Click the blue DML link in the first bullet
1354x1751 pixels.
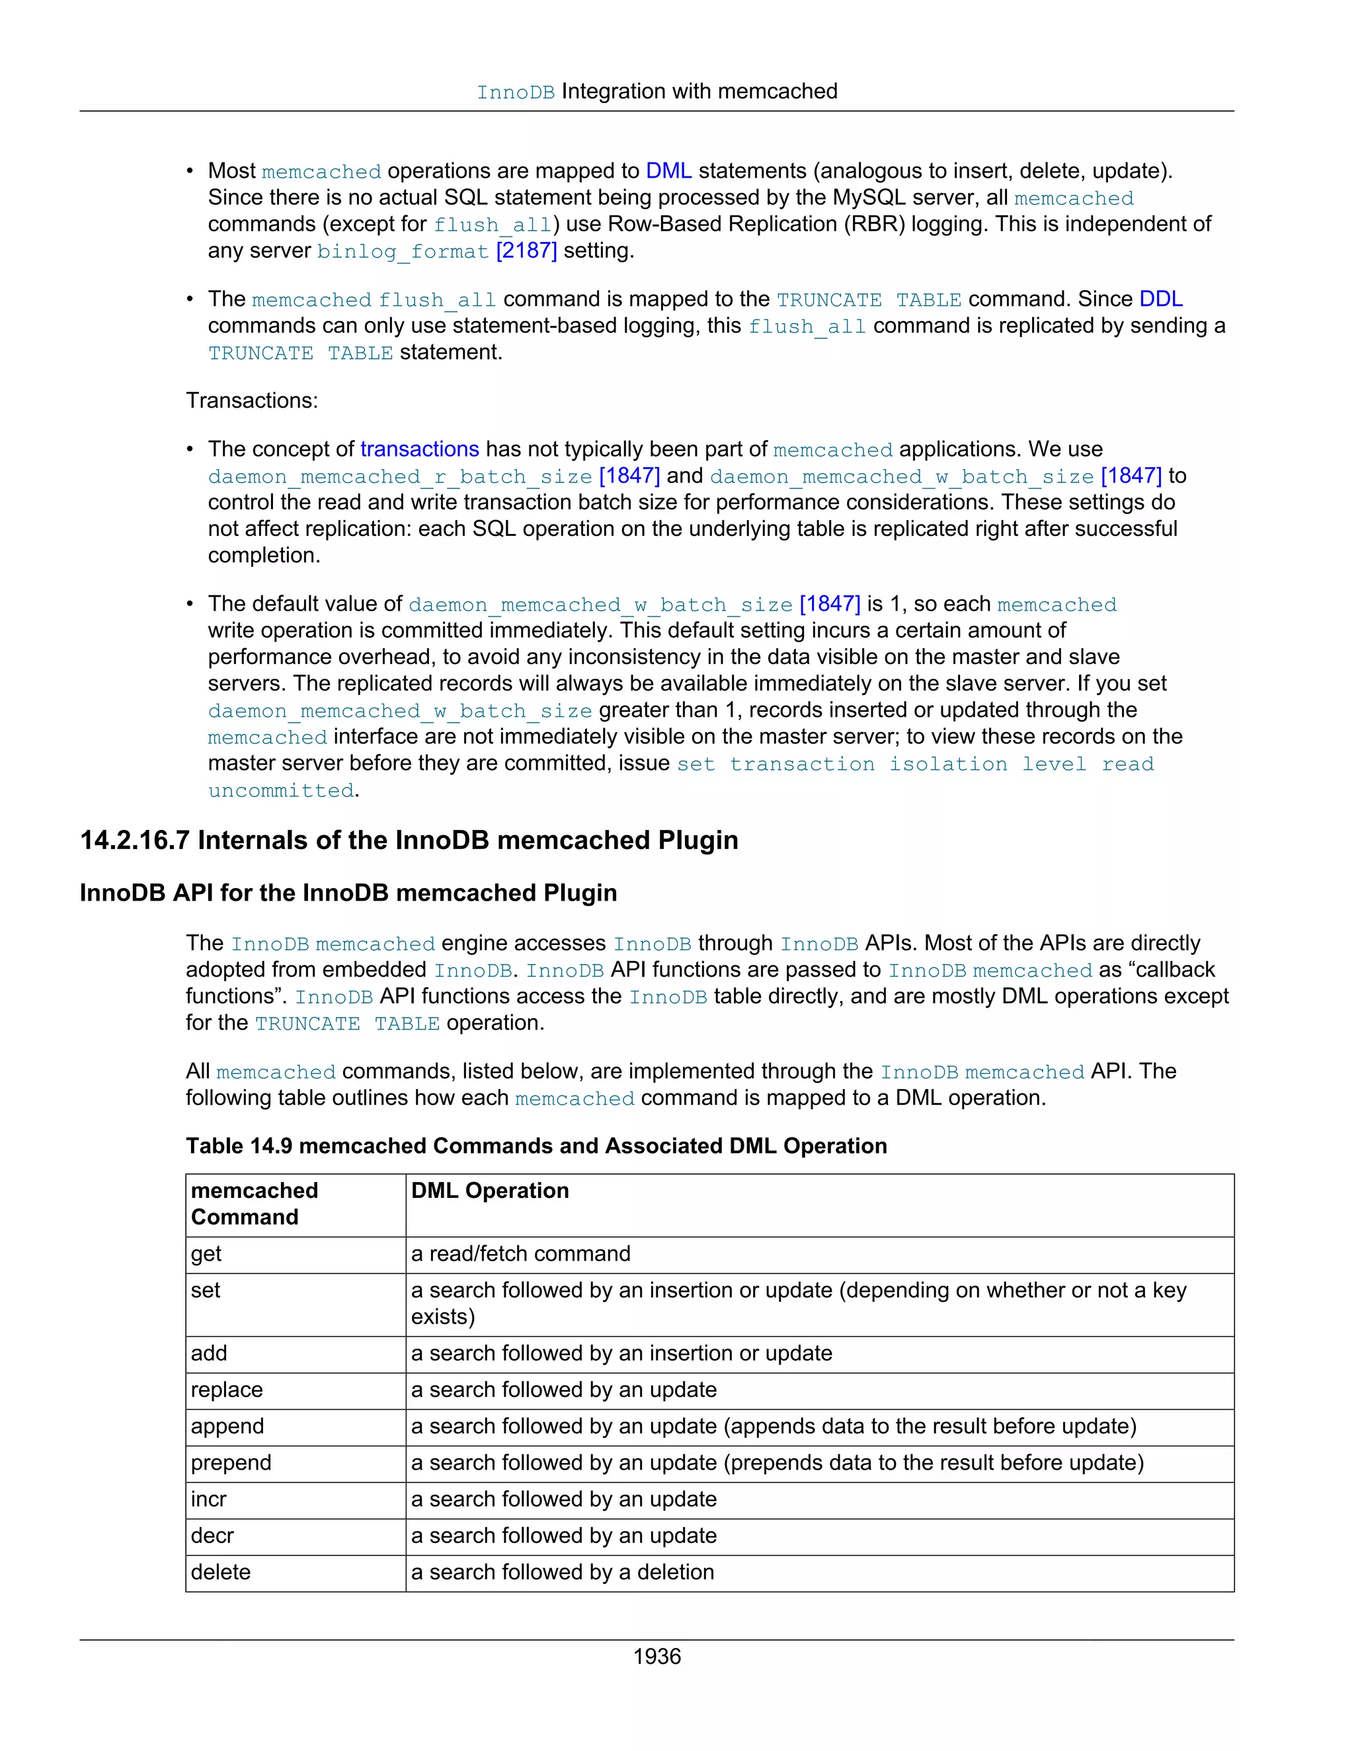668,170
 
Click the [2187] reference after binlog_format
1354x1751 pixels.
526,251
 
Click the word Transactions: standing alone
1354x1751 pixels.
252,400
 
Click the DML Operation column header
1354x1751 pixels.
489,1191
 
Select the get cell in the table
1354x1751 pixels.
206,1254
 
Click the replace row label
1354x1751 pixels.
226,1390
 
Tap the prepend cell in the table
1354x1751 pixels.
231,1462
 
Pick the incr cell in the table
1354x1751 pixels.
208,1499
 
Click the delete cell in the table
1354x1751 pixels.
221,1572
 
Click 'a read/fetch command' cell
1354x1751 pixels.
520,1254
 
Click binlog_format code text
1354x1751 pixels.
403,252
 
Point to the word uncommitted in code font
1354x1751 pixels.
281,790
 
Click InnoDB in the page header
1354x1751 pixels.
515,93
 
